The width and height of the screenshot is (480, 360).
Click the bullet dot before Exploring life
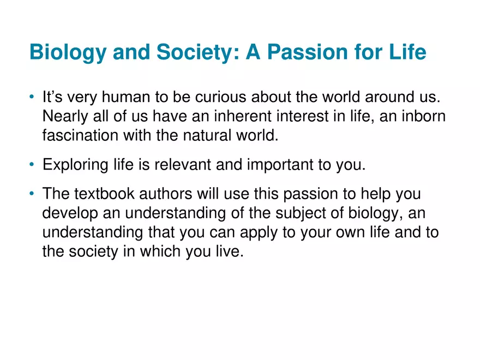click(33, 165)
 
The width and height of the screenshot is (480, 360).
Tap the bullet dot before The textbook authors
click(33, 194)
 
